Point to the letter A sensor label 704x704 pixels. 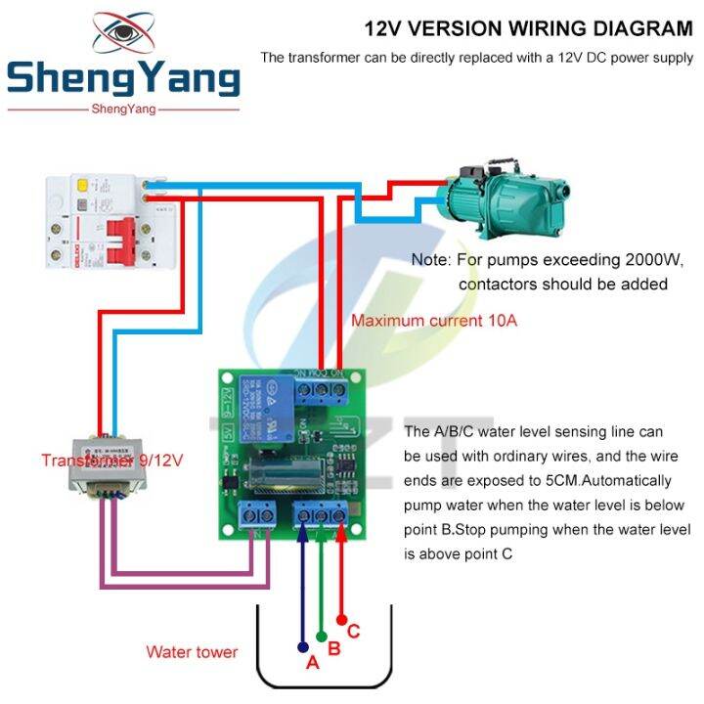click(313, 662)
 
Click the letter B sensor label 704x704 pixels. click(333, 647)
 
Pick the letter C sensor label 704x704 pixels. click(353, 632)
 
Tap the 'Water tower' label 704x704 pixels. click(192, 651)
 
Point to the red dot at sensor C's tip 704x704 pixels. click(341, 618)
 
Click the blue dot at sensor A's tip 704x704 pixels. click(302, 645)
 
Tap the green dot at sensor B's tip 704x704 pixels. click(322, 633)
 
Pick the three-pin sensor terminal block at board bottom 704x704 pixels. click(322, 514)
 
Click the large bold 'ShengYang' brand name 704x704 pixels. click(123, 79)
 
